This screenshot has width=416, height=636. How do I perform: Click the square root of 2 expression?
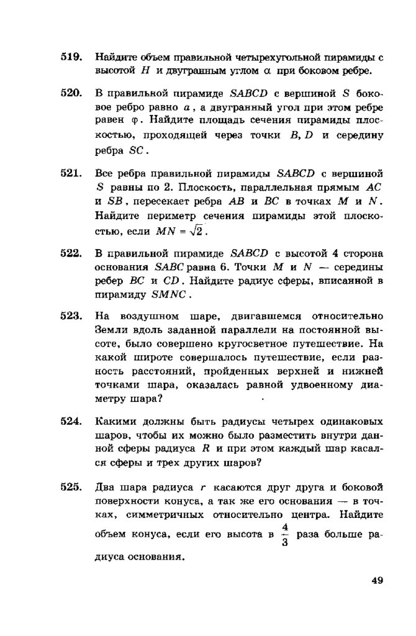tap(196, 232)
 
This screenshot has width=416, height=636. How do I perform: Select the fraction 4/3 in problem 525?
tap(285, 534)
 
